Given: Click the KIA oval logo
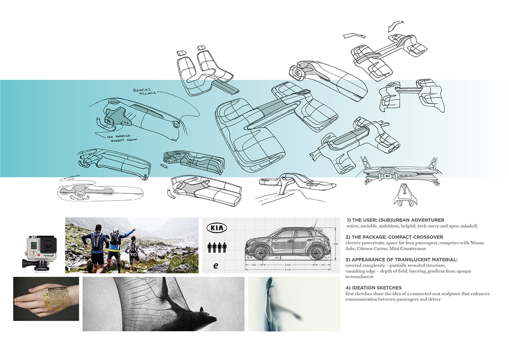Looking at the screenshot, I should pos(217,228).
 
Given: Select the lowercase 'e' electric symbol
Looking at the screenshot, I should pos(216,266).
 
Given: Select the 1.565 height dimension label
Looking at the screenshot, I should pos(335,244).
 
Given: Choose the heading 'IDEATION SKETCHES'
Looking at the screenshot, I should pos(373,288).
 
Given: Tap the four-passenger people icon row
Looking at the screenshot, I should pos(216,247).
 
